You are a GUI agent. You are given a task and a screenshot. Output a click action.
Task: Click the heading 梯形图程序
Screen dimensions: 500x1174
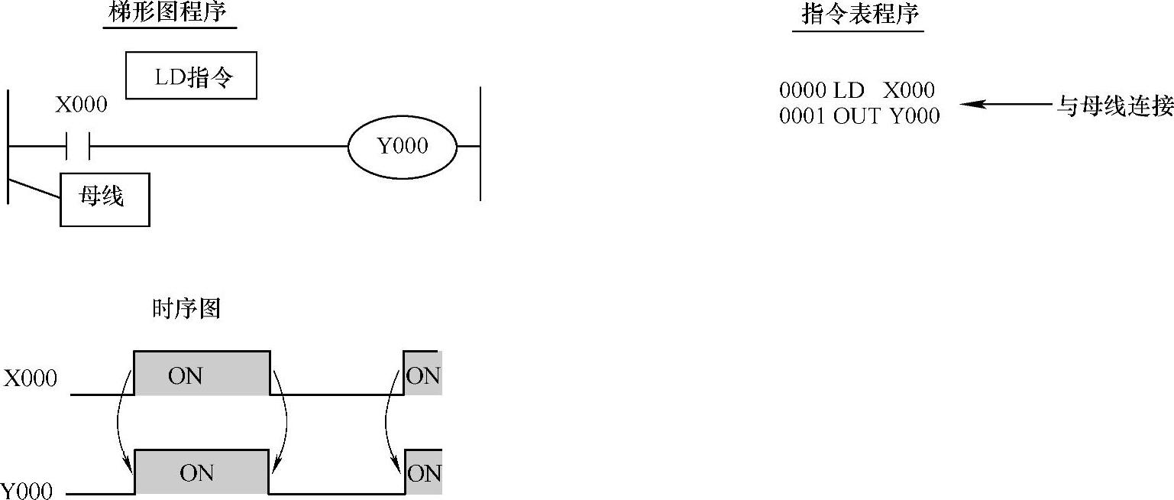169,13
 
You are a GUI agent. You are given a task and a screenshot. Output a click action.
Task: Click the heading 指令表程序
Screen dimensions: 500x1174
858,15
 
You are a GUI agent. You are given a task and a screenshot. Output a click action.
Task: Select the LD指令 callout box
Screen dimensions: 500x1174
191,76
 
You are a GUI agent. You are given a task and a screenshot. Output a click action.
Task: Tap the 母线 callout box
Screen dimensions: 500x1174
105,200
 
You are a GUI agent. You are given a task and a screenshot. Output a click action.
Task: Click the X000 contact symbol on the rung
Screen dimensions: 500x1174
78,145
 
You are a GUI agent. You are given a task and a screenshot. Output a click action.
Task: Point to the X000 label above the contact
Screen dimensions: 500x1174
81,105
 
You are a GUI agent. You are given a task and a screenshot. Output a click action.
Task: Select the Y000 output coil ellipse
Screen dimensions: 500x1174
403,146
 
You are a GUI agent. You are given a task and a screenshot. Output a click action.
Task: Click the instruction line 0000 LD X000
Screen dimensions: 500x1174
856,90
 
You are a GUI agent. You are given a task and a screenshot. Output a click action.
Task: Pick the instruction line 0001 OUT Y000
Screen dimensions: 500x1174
859,115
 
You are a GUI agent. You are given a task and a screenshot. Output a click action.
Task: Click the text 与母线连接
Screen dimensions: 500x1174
1114,106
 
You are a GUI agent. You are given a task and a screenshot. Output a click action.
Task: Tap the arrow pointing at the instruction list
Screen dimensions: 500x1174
1007,104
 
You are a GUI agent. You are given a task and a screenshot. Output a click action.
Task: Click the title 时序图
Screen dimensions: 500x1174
186,309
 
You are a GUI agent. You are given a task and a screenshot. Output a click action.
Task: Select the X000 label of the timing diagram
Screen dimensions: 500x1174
31,378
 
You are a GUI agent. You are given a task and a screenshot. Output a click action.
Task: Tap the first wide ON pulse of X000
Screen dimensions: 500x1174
202,374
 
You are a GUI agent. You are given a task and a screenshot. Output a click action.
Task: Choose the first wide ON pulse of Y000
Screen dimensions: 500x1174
202,472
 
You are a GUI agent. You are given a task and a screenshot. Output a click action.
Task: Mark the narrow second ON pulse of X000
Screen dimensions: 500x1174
422,374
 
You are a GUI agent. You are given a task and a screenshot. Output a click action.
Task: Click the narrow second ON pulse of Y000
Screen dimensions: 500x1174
423,473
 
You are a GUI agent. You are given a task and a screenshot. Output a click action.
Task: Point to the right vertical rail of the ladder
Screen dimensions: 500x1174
480,143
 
